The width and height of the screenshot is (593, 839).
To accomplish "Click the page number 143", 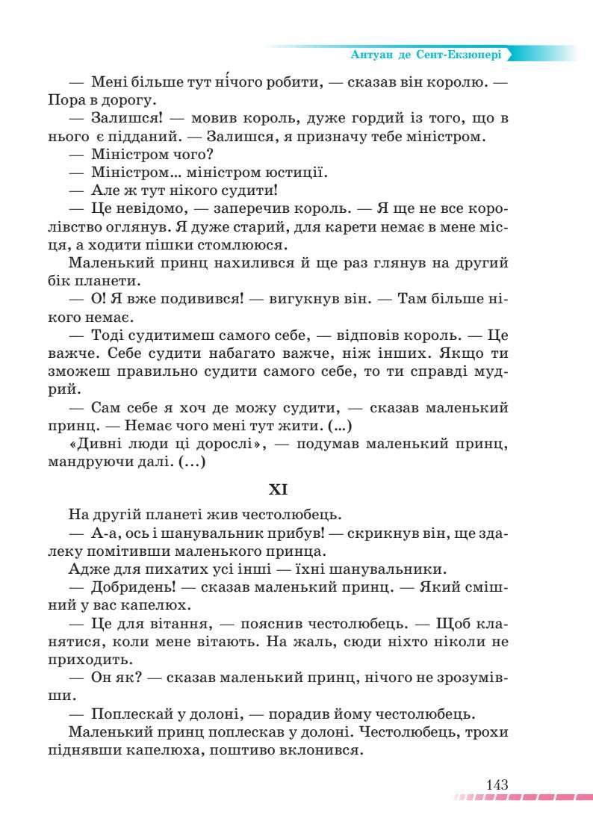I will click(x=496, y=785).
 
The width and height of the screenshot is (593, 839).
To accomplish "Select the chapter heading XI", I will click(x=278, y=490).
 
